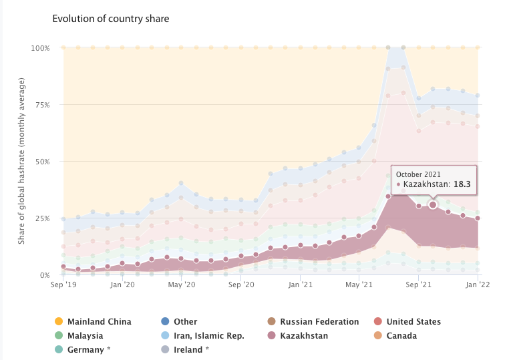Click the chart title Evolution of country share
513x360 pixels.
[110, 19]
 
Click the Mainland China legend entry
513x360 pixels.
[99, 322]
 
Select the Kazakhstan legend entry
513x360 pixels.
[304, 336]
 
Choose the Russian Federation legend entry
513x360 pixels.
[319, 322]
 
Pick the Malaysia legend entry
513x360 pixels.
[85, 336]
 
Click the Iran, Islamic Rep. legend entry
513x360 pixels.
[209, 336]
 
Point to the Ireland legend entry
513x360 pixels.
[191, 350]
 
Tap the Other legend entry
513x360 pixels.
[185, 322]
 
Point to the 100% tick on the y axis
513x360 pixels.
[40, 48]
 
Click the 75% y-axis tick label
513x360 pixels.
[42, 105]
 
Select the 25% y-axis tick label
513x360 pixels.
[42, 218]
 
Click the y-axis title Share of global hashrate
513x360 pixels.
[21, 161]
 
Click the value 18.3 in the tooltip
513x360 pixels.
[462, 184]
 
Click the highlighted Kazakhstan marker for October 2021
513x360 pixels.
[433, 205]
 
